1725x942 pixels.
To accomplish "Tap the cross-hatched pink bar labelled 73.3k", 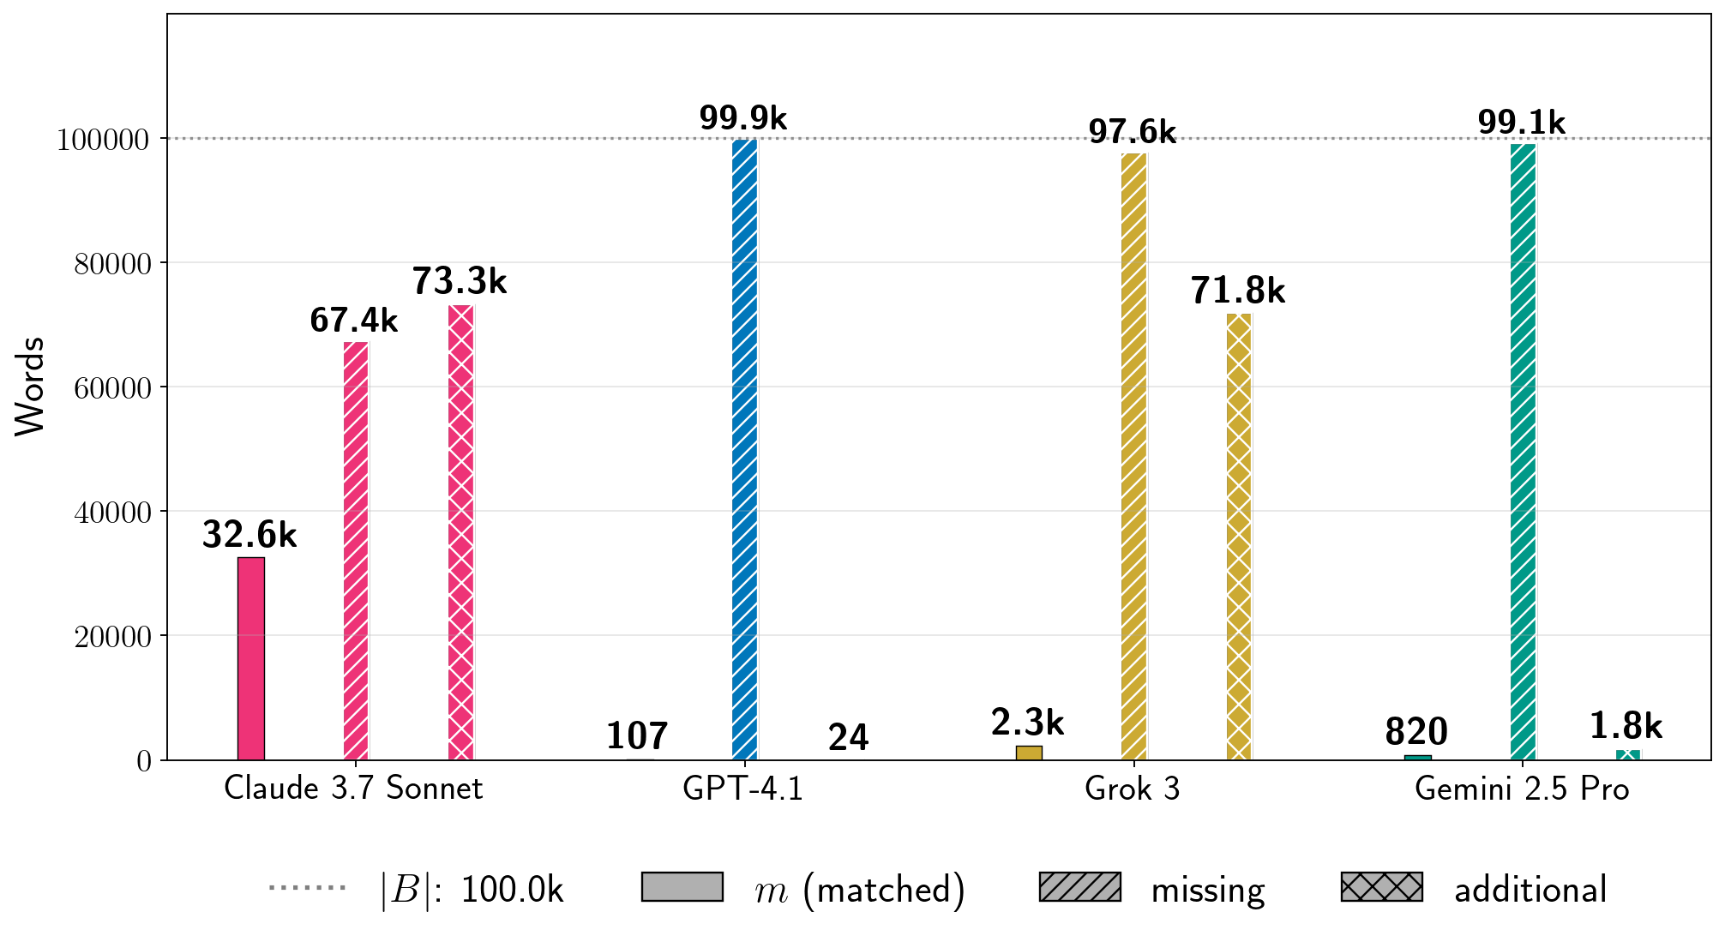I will click(461, 532).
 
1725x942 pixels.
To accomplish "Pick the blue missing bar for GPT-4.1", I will click(745, 449).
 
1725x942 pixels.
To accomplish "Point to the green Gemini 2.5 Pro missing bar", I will click(1523, 452).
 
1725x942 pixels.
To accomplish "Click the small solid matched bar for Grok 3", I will click(1029, 753).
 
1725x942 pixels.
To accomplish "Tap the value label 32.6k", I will click(249, 535).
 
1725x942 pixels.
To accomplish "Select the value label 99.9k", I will click(742, 118).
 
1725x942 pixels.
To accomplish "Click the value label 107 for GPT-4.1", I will click(637, 736).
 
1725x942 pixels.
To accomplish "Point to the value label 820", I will click(1416, 732).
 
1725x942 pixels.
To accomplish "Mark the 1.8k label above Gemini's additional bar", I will click(1626, 727).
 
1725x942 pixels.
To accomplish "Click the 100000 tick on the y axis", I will click(103, 140).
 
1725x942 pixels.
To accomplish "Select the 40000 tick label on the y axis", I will click(112, 513).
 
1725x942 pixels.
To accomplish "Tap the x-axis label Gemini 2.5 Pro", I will click(1522, 789).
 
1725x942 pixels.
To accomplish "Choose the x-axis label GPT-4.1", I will click(743, 789).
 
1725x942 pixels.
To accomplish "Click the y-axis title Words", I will click(30, 387).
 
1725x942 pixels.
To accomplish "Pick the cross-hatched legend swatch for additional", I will click(1381, 887).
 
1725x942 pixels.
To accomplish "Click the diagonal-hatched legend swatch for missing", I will click(1079, 887).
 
